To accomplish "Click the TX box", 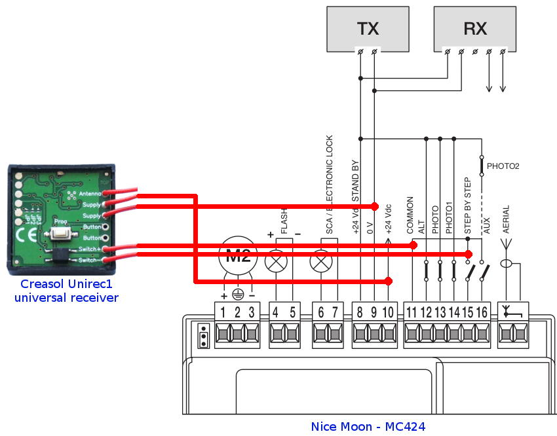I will [x=368, y=29].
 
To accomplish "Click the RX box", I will [x=475, y=29].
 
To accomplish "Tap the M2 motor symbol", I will [x=237, y=257].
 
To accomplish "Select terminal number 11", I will [x=412, y=312].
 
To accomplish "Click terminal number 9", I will [x=374, y=312].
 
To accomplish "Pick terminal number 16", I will [x=482, y=312].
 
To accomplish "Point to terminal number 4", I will [x=276, y=312].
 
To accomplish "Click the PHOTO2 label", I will [x=503, y=166].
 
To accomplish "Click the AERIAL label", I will [x=506, y=220].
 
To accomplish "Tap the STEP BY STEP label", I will [x=468, y=206].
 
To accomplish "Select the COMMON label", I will [x=411, y=215].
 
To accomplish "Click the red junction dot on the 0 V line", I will [x=375, y=206].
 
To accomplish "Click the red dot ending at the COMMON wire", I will [x=413, y=245].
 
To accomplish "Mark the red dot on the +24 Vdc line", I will [x=389, y=282].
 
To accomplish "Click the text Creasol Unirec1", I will [x=66, y=284].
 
